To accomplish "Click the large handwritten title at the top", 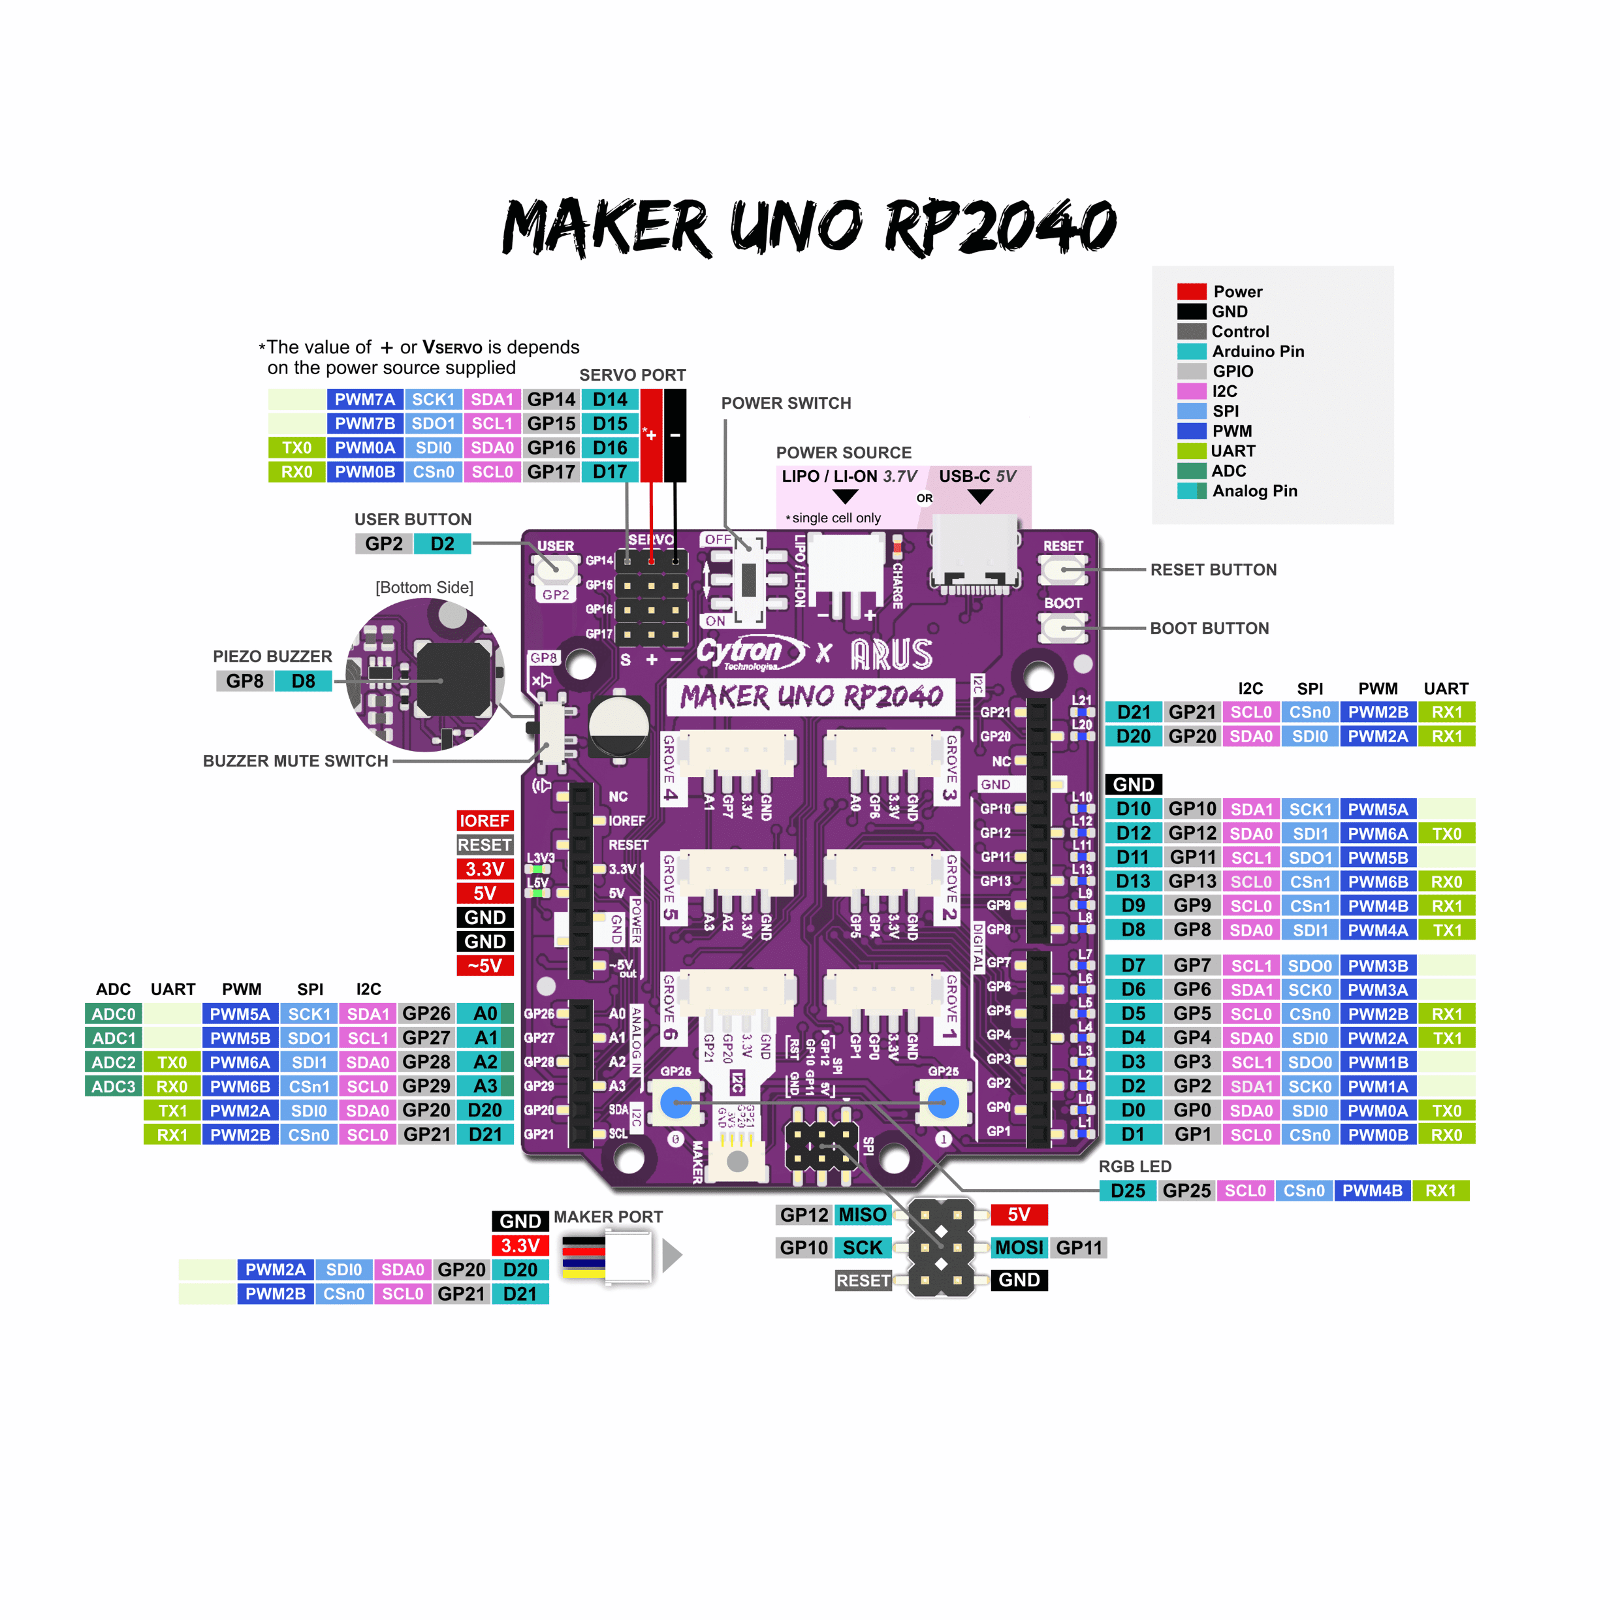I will coord(808,227).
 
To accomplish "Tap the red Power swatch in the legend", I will coord(1191,292).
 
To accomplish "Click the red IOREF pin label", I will coord(484,821).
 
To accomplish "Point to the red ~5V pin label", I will coord(484,966).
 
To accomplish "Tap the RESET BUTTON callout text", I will coord(1213,570).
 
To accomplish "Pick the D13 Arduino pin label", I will coord(1133,882).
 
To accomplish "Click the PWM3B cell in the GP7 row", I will coord(1378,966).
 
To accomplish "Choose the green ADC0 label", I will coord(113,1015).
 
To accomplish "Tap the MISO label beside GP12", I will coord(862,1215).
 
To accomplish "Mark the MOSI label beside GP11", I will coord(1019,1248).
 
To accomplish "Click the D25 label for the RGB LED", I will coord(1128,1191).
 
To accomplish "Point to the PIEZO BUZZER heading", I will coord(272,656).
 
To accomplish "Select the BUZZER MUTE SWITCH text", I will coord(295,761).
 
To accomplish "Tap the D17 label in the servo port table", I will coord(610,472).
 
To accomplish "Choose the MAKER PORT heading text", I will coord(608,1216).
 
